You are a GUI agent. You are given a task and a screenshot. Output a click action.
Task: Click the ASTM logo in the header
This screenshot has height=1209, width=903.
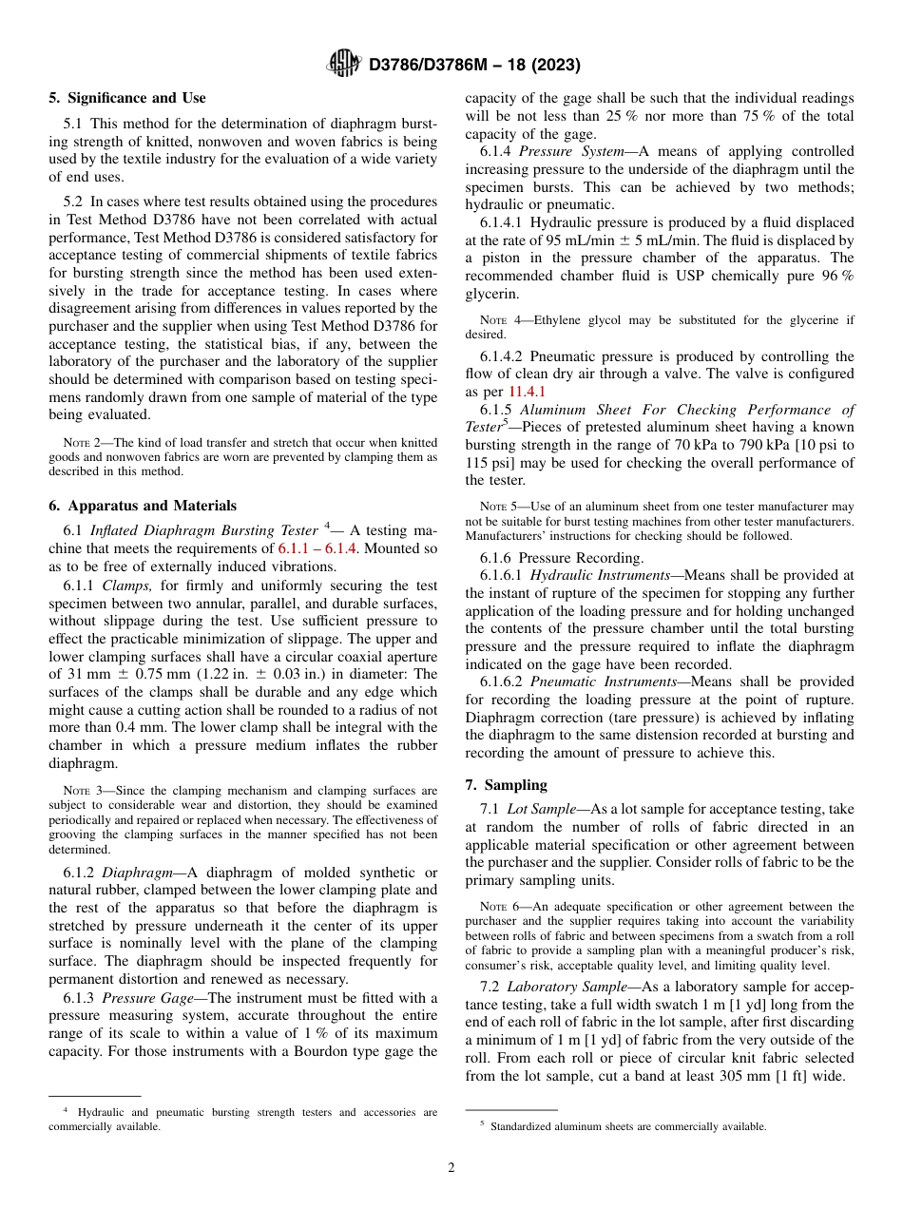click(x=343, y=64)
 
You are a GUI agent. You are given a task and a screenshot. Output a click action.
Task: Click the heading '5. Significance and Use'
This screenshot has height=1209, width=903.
click(x=127, y=98)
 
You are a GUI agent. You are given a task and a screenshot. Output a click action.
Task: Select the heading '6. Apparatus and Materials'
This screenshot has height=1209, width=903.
click(x=143, y=506)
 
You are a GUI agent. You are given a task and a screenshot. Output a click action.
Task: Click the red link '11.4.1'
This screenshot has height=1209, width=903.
click(x=527, y=391)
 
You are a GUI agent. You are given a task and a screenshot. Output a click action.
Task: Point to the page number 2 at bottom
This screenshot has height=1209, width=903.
click(x=451, y=1168)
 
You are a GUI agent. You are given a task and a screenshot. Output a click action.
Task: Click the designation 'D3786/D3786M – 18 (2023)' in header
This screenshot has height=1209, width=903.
click(x=474, y=65)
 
